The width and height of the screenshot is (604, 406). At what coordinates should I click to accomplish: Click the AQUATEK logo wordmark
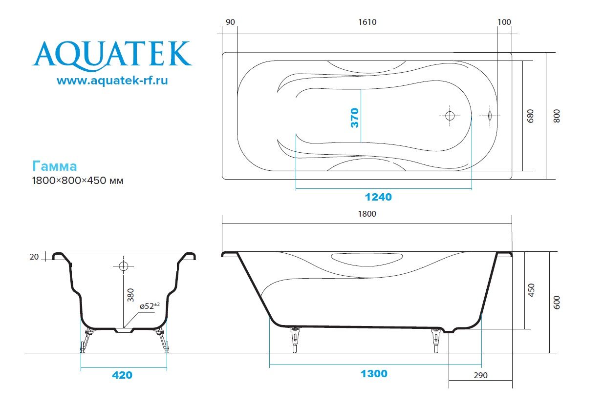[112, 56]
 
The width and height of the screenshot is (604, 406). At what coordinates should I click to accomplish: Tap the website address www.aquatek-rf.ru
[112, 81]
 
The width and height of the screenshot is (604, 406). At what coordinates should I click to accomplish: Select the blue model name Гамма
[54, 166]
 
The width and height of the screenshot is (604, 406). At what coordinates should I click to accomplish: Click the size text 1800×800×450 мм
[78, 181]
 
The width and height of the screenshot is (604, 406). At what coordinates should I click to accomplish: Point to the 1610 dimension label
[367, 22]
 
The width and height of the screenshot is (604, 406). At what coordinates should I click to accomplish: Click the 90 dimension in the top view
[230, 22]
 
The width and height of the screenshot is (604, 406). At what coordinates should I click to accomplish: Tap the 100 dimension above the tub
[504, 22]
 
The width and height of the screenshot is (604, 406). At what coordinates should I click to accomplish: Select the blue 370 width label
[355, 118]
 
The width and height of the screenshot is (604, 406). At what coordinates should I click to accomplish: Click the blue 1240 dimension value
[378, 197]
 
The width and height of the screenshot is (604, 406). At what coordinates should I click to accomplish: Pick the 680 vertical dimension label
[530, 116]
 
